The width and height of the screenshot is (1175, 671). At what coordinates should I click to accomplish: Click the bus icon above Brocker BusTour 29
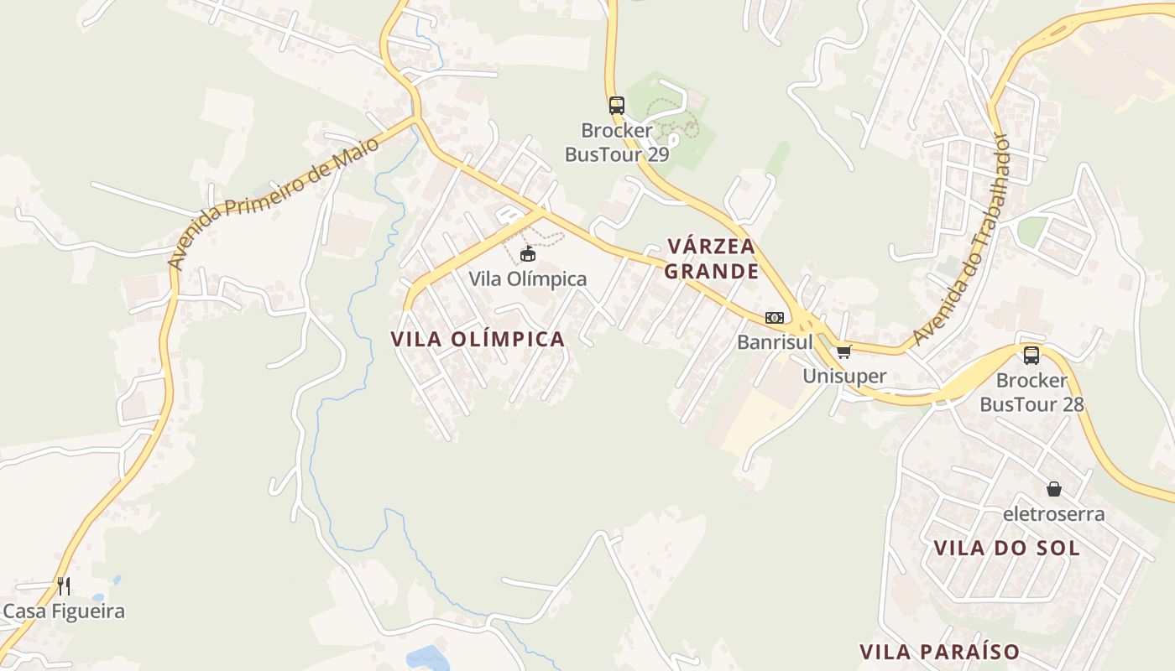click(617, 106)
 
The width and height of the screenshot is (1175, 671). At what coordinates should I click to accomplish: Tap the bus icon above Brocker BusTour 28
click(1031, 355)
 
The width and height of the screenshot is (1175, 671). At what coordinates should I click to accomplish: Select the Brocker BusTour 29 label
click(617, 143)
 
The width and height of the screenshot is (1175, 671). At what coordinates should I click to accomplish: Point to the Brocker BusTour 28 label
click(1031, 392)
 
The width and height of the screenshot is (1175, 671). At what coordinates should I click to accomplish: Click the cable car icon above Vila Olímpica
click(528, 254)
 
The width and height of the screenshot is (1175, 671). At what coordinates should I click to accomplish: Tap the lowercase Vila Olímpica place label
click(528, 279)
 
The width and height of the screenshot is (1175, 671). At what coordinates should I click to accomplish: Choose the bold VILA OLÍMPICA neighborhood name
click(478, 339)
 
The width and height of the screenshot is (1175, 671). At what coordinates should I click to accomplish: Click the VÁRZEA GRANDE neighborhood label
click(712, 258)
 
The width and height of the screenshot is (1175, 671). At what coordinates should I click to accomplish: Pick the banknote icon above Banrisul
click(774, 318)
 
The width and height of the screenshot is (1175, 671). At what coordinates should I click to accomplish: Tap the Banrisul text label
click(775, 342)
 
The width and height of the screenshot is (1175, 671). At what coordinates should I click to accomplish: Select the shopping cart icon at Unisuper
click(843, 351)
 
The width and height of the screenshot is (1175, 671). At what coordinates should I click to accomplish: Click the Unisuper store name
click(844, 376)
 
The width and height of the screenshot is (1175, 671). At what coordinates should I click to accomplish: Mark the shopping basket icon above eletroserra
click(1054, 489)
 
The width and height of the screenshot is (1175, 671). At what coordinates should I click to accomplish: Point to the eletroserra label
click(1054, 513)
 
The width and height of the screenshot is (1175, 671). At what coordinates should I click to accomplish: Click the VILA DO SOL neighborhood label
click(1007, 548)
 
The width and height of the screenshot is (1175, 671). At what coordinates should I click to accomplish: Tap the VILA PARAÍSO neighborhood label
click(939, 652)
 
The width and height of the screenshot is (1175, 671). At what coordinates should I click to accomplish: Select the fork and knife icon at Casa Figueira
click(64, 585)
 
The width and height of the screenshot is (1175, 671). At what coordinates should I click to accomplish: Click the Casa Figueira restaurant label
click(64, 611)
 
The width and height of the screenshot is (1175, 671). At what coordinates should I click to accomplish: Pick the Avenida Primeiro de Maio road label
click(273, 203)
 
